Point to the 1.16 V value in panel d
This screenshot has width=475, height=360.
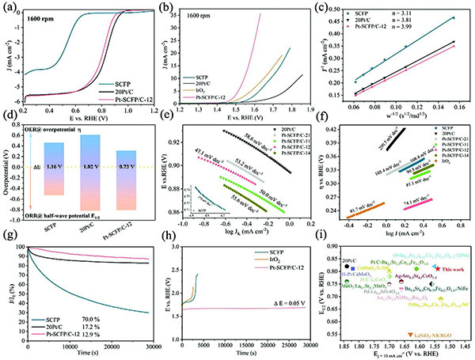pyautogui.click(x=52, y=169)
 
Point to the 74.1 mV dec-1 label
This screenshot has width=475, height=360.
pyautogui.click(x=418, y=203)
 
